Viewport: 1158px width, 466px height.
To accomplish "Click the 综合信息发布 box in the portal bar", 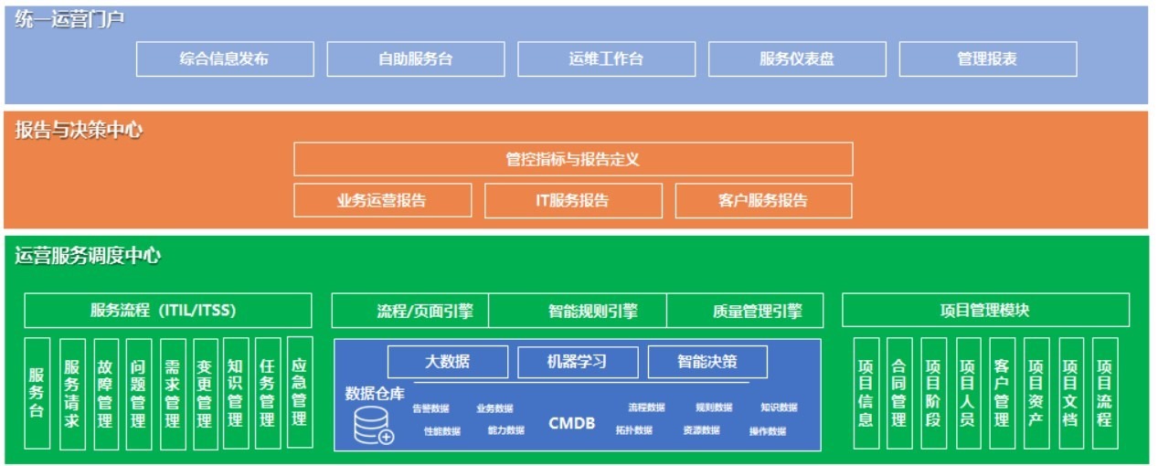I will [225, 59].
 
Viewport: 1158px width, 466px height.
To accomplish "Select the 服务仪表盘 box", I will [797, 59].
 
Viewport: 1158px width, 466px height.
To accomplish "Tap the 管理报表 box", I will [987, 59].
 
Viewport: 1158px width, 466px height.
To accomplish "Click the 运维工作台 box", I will [606, 59].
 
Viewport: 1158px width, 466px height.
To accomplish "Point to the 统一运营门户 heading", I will [69, 19].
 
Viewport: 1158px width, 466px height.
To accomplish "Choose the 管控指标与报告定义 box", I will [573, 159].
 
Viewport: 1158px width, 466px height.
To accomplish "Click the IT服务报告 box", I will [572, 200].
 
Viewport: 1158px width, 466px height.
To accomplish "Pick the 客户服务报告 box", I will [763, 200].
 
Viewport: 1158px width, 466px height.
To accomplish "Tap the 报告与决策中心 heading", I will [79, 130].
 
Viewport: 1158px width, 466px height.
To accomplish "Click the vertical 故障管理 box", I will [105, 393].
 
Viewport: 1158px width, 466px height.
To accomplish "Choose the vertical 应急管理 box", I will [299, 393].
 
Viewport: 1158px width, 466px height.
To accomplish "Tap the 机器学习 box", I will [577, 361].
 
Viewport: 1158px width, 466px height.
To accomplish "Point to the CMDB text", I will [571, 423].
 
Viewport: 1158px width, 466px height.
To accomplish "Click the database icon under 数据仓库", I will [373, 426].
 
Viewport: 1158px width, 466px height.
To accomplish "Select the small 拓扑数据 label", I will [633, 430].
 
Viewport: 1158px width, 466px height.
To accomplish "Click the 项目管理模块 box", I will [984, 311].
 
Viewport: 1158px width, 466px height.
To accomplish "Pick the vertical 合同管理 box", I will [898, 393].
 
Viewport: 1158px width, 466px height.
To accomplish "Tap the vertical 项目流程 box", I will [1104, 393].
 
